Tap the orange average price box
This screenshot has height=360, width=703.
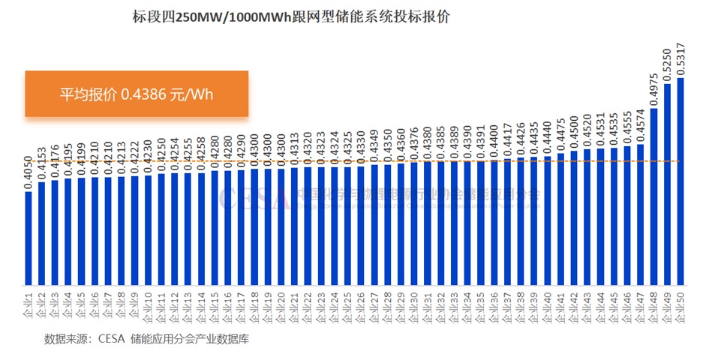(x=137, y=94)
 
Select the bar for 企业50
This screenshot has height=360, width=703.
(x=680, y=180)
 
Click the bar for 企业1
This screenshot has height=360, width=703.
(x=29, y=238)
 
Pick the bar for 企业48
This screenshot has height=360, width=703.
(x=654, y=196)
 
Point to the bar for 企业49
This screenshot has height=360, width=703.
(x=667, y=184)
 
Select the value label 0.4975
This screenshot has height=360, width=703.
(x=654, y=89)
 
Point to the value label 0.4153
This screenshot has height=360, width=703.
(x=42, y=163)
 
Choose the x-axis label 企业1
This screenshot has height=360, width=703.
(x=29, y=303)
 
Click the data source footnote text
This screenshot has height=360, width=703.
(x=146, y=339)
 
